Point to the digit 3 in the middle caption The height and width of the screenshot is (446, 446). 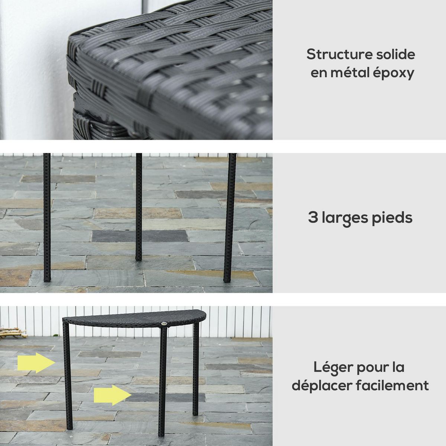(312, 217)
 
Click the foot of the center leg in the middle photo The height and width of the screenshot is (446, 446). (138, 256)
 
